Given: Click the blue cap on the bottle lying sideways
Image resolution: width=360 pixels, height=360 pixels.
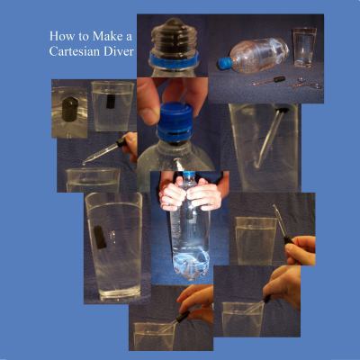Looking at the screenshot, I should (224, 64).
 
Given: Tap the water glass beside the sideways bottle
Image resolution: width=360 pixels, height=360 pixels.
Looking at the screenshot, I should (304, 46).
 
